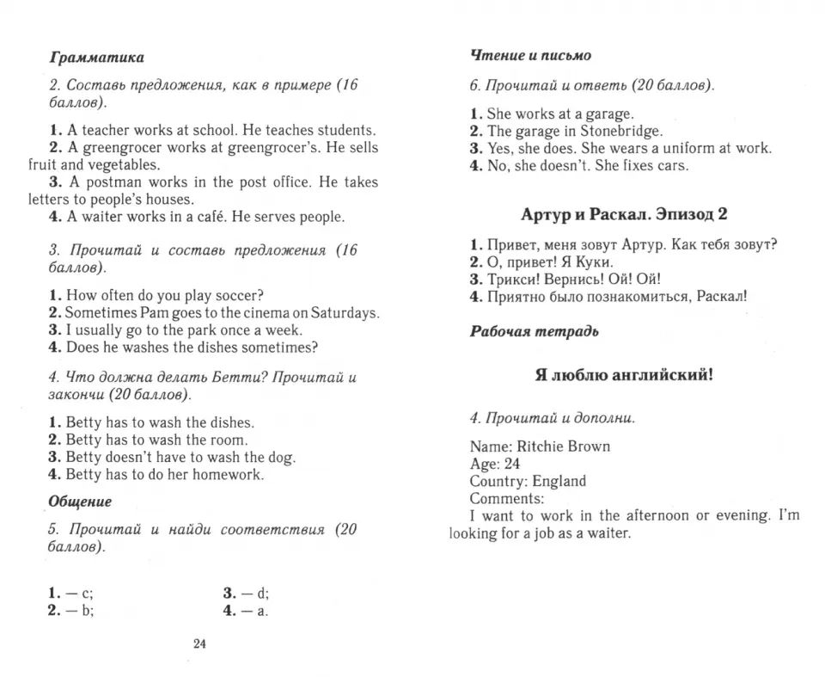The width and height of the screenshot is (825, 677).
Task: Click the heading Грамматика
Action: point(97,58)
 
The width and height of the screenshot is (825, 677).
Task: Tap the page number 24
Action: point(199,644)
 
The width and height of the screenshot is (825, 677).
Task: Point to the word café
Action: point(212,217)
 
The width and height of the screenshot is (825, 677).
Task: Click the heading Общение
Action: point(80,501)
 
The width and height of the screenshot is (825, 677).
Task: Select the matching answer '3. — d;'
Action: point(247,593)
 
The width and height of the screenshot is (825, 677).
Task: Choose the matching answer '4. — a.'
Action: point(247,611)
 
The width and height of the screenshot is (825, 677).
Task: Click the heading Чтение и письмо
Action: point(530,55)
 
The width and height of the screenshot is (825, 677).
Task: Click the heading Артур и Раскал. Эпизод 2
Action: point(624,214)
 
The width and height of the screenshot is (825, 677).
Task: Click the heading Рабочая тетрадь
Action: point(534,331)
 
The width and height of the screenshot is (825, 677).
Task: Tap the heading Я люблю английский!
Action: point(624,375)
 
